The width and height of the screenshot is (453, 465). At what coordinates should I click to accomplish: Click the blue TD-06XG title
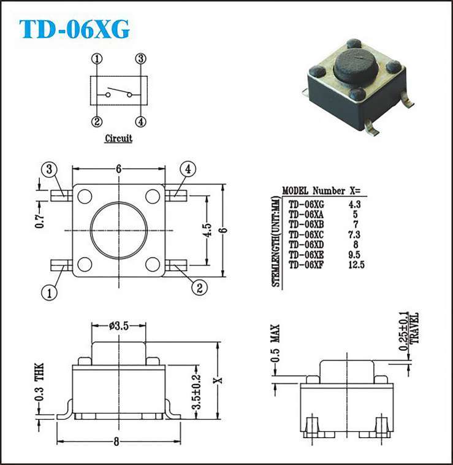[74, 29]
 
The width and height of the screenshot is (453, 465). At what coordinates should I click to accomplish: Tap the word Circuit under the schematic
[119, 138]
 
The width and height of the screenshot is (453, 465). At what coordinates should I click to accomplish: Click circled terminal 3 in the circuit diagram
[141, 59]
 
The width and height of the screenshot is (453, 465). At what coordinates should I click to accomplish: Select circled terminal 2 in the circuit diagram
[97, 121]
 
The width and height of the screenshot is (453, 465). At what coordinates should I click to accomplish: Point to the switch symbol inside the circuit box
[119, 92]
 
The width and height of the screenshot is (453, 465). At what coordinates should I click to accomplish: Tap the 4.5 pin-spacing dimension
[209, 230]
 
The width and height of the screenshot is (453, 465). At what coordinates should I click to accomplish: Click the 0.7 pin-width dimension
[40, 220]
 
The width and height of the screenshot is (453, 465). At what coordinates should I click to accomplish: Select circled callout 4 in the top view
[188, 169]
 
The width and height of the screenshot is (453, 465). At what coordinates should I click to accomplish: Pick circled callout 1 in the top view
[49, 293]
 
